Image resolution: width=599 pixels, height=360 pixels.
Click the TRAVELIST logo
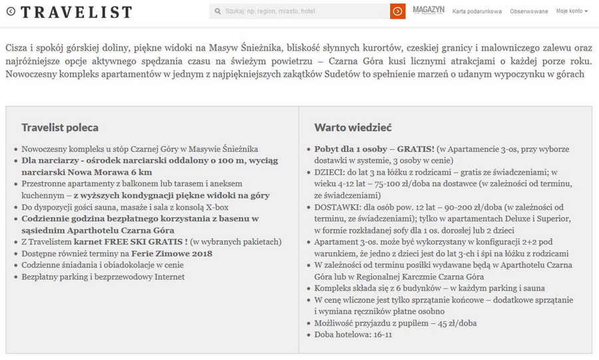click(76, 12)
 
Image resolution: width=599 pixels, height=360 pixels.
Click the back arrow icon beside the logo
click(10, 11)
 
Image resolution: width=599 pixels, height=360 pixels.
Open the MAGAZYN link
click(428, 11)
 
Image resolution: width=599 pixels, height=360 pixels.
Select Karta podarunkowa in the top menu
click(477, 11)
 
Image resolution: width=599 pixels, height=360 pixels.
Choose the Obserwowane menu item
click(528, 11)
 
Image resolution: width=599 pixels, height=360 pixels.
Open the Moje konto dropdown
click(572, 11)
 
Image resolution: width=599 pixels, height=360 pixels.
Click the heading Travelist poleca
click(60, 127)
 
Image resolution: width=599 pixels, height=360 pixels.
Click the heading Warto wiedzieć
click(353, 127)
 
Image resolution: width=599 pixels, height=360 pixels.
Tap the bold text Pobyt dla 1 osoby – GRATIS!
click(374, 150)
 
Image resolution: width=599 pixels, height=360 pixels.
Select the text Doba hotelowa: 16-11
click(353, 334)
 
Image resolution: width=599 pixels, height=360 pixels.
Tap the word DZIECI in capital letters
click(330, 172)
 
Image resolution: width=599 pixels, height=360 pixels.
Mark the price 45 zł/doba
click(454, 323)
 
